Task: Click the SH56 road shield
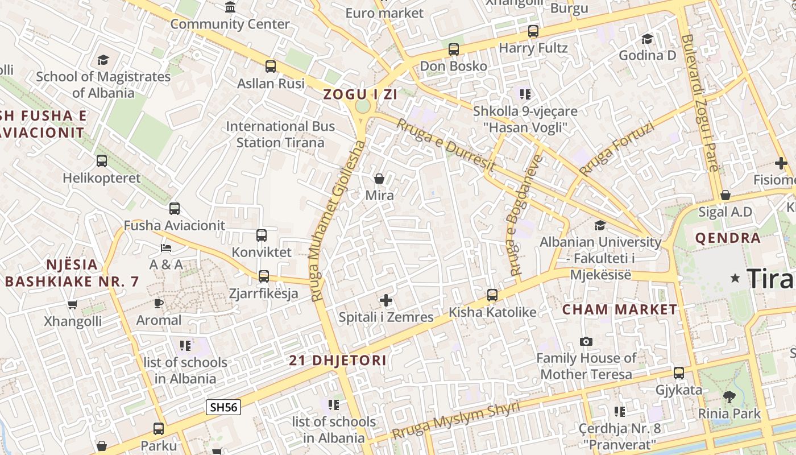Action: [223, 407]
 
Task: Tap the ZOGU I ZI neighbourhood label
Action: [360, 94]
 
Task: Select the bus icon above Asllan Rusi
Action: [271, 67]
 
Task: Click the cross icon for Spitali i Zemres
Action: [386, 300]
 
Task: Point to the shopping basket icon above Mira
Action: [379, 179]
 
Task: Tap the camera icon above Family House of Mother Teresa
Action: [586, 341]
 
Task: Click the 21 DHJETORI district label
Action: [338, 360]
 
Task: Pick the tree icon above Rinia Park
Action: [729, 397]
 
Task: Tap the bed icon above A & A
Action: [166, 248]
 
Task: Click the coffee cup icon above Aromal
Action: [159, 303]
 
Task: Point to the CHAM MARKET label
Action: [620, 310]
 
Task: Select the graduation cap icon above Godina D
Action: [647, 39]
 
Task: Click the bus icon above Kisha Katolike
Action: [492, 295]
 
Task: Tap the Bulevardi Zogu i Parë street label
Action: [699, 102]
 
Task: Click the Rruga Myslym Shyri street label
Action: [456, 421]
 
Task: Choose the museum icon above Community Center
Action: [230, 7]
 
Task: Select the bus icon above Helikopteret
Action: [102, 161]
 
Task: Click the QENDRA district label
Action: [728, 238]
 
